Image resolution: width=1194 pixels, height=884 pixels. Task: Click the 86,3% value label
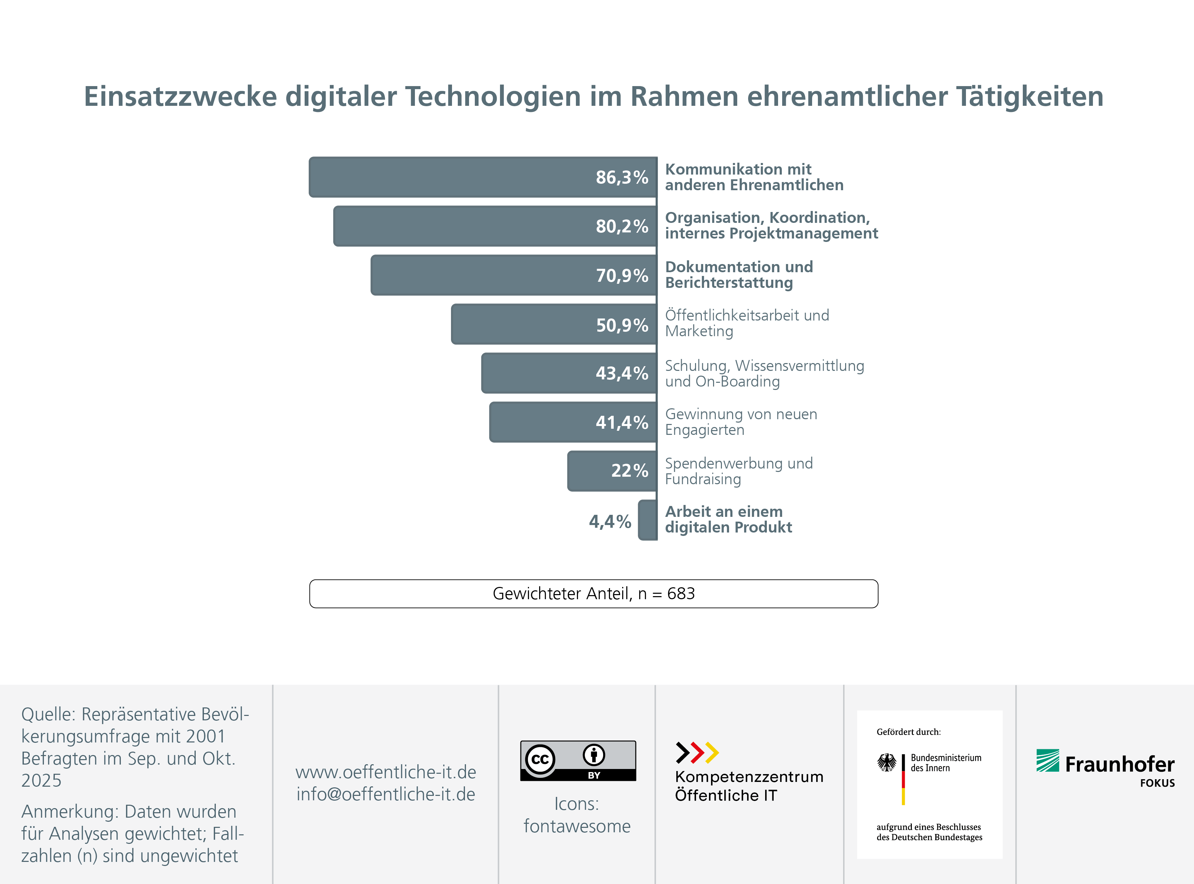point(622,177)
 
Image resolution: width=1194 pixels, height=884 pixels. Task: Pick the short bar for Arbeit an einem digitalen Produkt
point(648,520)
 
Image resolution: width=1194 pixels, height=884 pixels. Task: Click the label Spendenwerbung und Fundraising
point(739,471)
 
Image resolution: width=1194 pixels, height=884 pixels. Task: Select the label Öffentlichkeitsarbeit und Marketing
point(746,323)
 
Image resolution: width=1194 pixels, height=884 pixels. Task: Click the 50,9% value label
point(622,325)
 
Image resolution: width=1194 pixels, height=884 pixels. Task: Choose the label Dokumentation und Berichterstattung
point(739,275)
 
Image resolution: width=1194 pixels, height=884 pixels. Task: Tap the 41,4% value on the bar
point(622,422)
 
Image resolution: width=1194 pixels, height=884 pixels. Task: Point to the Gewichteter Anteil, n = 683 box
point(594,593)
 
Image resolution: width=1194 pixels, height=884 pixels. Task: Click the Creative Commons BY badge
point(578,760)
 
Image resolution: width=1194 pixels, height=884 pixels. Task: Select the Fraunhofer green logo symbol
point(1047,760)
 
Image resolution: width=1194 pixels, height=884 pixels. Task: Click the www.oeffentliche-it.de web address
point(385,772)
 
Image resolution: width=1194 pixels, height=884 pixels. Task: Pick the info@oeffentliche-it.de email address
point(385,794)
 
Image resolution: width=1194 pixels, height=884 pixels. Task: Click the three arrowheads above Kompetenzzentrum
point(697,752)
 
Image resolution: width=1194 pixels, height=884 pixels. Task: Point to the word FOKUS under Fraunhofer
point(1157,783)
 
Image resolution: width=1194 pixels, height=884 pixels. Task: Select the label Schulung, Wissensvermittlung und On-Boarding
point(764,374)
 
